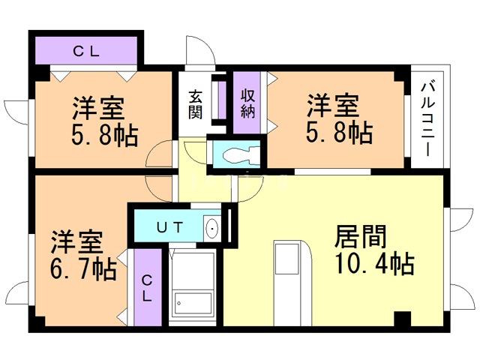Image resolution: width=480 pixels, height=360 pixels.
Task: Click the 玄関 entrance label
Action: point(196,104)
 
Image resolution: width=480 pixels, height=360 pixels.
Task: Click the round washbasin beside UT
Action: point(211,227)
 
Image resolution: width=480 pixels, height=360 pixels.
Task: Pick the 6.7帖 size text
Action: point(83,268)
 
